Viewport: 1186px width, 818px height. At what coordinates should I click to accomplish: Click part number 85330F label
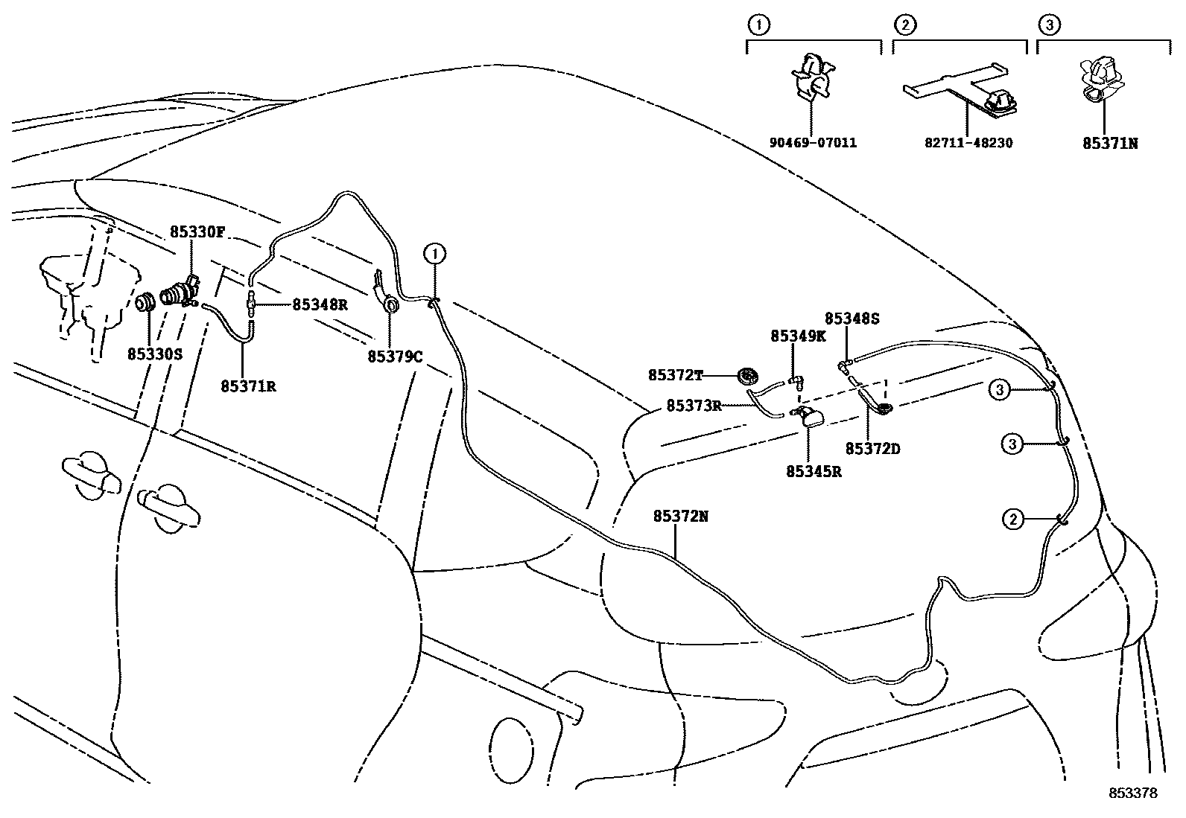tap(197, 231)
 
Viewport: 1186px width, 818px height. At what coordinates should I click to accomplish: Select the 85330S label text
tap(155, 355)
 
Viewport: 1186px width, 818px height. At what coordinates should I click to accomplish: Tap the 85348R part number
tap(320, 304)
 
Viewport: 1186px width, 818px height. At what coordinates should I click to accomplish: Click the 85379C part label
tap(395, 357)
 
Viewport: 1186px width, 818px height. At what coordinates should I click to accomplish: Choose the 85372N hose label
tap(680, 515)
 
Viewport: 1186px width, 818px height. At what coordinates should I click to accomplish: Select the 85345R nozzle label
tap(814, 470)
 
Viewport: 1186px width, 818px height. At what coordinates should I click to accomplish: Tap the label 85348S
tap(852, 319)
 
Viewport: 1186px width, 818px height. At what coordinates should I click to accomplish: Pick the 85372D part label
tap(872, 449)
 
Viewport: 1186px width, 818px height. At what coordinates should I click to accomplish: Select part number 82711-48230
tap(968, 142)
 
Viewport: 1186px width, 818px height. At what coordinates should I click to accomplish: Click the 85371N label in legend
tap(1109, 142)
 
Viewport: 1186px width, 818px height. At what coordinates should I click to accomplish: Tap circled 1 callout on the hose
tap(435, 255)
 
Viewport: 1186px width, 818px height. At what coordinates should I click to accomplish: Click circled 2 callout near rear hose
tap(1012, 520)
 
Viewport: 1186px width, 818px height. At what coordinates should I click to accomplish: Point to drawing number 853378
tap(1132, 793)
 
